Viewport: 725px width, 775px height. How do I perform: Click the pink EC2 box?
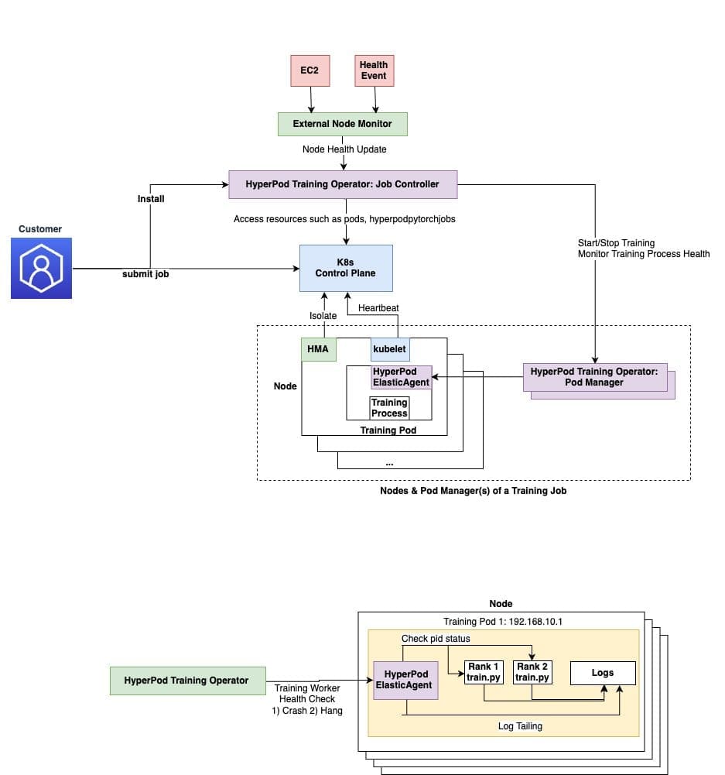(309, 70)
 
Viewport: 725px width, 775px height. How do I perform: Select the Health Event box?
(374, 70)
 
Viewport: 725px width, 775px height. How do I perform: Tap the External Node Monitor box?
(342, 124)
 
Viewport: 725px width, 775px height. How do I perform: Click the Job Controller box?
(342, 184)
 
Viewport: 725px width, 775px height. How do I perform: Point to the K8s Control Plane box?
(346, 268)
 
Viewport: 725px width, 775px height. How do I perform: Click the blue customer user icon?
(41, 268)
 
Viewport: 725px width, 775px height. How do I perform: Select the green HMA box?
(318, 349)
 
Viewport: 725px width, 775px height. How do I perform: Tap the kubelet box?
(390, 349)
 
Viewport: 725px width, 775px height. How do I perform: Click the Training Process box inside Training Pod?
(389, 408)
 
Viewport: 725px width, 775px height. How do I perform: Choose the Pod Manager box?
(594, 377)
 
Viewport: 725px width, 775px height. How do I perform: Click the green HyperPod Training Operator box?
(186, 681)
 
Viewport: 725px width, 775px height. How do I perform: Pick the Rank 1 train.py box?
(484, 672)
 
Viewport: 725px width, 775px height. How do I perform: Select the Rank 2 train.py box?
(533, 672)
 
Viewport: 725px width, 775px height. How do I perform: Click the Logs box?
(603, 673)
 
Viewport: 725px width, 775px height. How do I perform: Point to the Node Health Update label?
(344, 149)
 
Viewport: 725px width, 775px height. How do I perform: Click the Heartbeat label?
(378, 308)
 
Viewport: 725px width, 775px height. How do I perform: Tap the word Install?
(151, 199)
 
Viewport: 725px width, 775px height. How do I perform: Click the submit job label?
(145, 275)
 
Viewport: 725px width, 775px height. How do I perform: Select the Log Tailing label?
(521, 726)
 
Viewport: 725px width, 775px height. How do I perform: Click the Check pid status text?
(436, 639)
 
